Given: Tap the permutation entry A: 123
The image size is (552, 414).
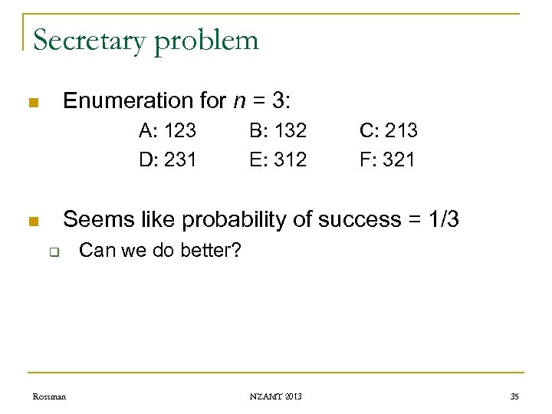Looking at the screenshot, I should [167, 130].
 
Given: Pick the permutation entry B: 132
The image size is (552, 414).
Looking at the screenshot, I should [278, 130].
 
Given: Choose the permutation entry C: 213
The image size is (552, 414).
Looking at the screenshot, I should [389, 130].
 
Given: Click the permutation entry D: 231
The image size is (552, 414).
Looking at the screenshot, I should [167, 159].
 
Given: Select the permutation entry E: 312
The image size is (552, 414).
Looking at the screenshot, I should [278, 159].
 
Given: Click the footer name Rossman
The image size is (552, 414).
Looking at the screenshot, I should [49, 396].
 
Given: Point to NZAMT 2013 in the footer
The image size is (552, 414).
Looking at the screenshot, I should [276, 396].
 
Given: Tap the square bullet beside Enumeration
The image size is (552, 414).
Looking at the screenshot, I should [31, 103].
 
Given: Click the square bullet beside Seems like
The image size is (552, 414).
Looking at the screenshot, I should [31, 222].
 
